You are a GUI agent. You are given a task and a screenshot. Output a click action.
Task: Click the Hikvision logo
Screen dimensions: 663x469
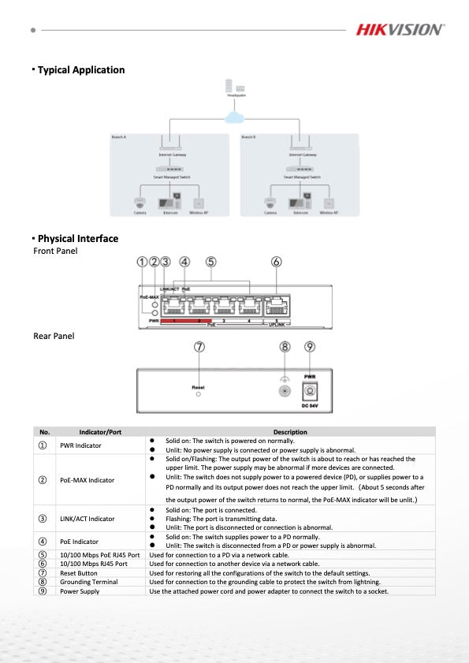(x=400, y=29)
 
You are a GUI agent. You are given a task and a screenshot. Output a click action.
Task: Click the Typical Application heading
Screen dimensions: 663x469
(x=80, y=70)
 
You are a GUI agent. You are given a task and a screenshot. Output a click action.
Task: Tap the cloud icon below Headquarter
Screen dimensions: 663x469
(x=234, y=117)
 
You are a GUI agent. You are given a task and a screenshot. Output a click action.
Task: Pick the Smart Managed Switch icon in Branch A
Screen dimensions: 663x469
(x=171, y=169)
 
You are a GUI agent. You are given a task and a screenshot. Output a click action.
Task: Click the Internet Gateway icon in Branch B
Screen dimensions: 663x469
(x=300, y=145)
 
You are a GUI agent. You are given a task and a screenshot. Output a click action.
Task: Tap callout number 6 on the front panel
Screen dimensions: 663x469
(x=276, y=262)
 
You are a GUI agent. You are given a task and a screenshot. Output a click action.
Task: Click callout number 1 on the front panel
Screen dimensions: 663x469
(x=142, y=262)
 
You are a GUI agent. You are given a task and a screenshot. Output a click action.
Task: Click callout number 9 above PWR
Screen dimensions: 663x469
(x=310, y=347)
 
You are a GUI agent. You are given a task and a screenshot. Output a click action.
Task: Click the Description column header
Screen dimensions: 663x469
(x=290, y=432)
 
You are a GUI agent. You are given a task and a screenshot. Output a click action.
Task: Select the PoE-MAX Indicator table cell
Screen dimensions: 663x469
(x=87, y=480)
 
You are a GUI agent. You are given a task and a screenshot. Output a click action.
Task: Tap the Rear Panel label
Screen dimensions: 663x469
(x=54, y=336)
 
